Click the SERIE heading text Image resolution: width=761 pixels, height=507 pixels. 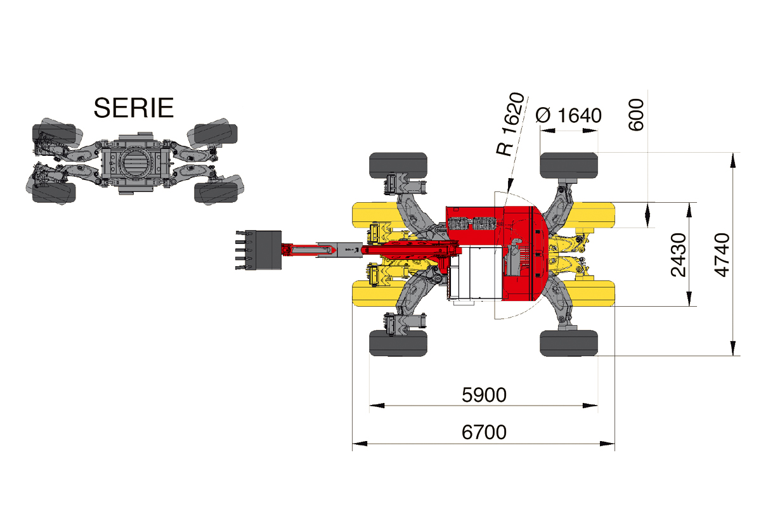pyautogui.click(x=134, y=108)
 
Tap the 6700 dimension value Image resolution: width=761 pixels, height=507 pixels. pyautogui.click(x=484, y=432)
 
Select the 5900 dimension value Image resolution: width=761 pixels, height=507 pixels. pyautogui.click(x=484, y=395)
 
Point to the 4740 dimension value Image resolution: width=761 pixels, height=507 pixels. pyautogui.click(x=722, y=255)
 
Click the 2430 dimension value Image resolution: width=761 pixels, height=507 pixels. pyautogui.click(x=679, y=255)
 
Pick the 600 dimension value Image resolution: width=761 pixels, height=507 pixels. pyautogui.click(x=636, y=115)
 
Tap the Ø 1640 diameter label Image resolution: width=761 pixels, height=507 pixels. pyautogui.click(x=568, y=115)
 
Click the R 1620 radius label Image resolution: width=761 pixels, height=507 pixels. pyautogui.click(x=511, y=124)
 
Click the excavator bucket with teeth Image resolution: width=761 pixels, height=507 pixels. pyautogui.click(x=259, y=250)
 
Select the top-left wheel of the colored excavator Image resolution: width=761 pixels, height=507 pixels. pyautogui.click(x=398, y=165)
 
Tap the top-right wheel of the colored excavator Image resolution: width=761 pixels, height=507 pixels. pyautogui.click(x=569, y=165)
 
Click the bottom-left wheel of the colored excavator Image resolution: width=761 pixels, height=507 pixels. pyautogui.click(x=398, y=343)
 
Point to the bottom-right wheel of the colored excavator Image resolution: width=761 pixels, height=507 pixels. pyautogui.click(x=569, y=343)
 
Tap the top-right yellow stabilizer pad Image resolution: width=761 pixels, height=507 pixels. pyautogui.click(x=593, y=215)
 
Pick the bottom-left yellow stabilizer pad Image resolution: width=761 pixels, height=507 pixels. pyautogui.click(x=375, y=293)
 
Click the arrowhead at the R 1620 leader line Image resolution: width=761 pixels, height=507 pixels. pyautogui.click(x=509, y=186)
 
